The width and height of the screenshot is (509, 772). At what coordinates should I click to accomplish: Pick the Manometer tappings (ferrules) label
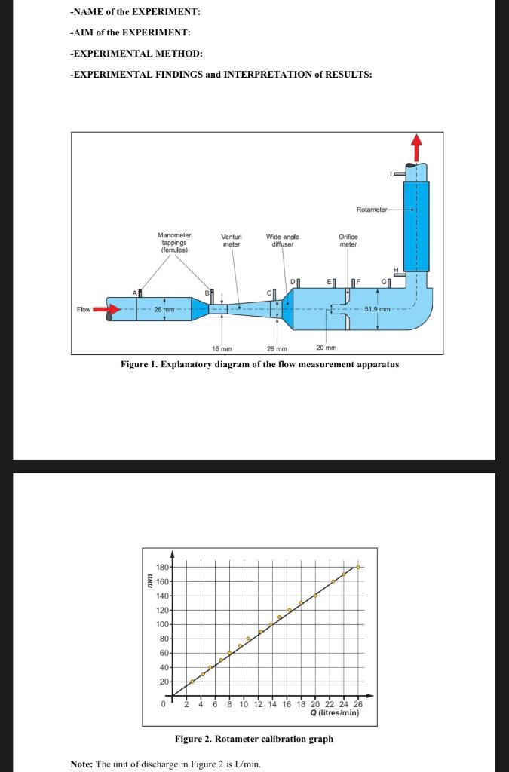pyautogui.click(x=174, y=242)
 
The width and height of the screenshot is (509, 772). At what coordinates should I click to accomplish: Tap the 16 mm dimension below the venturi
pyautogui.click(x=222, y=348)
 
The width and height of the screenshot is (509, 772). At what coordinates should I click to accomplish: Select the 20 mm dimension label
pyautogui.click(x=327, y=348)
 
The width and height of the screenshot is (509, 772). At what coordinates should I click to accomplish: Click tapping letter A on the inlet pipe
pyautogui.click(x=135, y=292)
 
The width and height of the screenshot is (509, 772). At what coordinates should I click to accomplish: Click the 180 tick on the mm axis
pyautogui.click(x=162, y=567)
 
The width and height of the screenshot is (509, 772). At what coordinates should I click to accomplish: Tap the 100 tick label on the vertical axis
pyautogui.click(x=162, y=624)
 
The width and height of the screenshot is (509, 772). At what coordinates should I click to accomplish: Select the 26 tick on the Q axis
pyautogui.click(x=357, y=704)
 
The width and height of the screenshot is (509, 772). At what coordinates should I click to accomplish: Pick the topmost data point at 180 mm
pyautogui.click(x=359, y=567)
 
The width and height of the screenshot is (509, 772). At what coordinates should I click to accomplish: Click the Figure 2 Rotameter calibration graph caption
pyautogui.click(x=253, y=739)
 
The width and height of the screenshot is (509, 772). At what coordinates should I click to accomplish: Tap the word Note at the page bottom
pyautogui.click(x=81, y=764)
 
